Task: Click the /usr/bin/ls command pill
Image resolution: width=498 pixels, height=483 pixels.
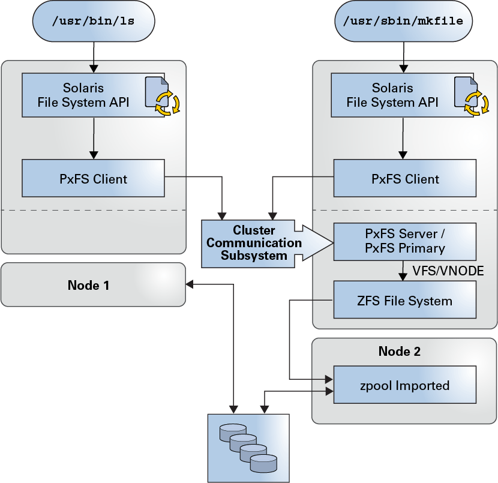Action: point(92,22)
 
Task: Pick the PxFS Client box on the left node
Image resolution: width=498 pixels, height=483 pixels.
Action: point(93,178)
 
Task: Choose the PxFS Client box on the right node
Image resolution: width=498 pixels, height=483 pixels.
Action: point(404,178)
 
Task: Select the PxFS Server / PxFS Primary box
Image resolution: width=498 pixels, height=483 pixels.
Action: point(404,241)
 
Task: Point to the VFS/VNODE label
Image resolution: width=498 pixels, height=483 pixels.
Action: point(448,271)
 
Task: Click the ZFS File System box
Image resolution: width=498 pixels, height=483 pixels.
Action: point(404,300)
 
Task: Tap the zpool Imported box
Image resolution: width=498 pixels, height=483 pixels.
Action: point(404,385)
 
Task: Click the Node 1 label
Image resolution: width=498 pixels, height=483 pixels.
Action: point(88,285)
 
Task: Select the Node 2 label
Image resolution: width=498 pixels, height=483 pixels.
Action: point(399,351)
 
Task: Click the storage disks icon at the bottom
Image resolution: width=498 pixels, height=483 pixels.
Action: point(248,448)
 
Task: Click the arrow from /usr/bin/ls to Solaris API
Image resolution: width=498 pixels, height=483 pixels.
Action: point(93,57)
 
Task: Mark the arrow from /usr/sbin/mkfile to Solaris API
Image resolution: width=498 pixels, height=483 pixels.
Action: point(403,57)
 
